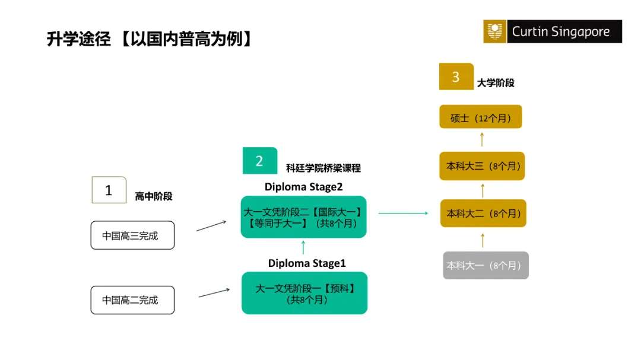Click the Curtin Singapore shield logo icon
(494, 31)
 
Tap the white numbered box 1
(109, 190)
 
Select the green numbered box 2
(259, 161)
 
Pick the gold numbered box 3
(456, 77)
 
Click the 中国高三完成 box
(132, 235)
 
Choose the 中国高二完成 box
(132, 300)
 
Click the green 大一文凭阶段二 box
(303, 217)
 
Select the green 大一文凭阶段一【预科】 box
(304, 293)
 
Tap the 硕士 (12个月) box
(481, 117)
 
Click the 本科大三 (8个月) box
(482, 166)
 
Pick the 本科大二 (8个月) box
(483, 214)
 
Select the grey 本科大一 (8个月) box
(485, 266)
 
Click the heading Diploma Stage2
(303, 187)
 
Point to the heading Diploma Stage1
(307, 263)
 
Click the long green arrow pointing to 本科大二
(403, 213)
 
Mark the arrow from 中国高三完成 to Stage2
(211, 226)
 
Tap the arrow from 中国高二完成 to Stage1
(214, 292)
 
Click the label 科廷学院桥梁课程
(323, 168)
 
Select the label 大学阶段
(496, 83)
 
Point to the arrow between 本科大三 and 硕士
(482, 139)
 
